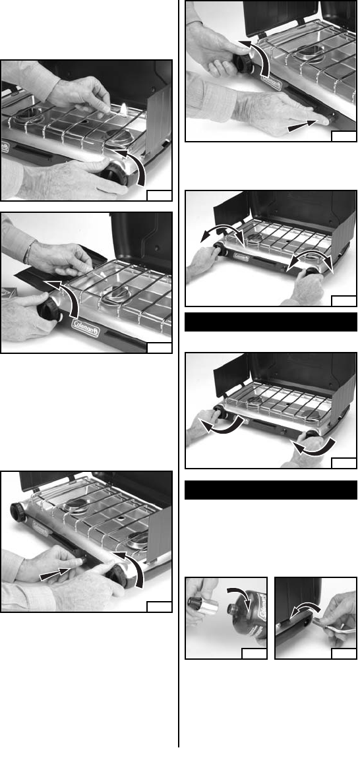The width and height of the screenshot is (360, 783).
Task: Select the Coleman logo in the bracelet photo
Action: point(85,327)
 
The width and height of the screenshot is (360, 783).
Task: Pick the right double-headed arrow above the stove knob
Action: point(311,260)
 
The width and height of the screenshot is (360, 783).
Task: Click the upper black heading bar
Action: point(271,322)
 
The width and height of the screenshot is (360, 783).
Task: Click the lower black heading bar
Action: point(271,490)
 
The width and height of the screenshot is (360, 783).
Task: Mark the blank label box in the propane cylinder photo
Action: point(254,653)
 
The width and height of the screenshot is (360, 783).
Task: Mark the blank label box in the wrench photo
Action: point(344,653)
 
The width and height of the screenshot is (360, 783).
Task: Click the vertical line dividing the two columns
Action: point(179,374)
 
